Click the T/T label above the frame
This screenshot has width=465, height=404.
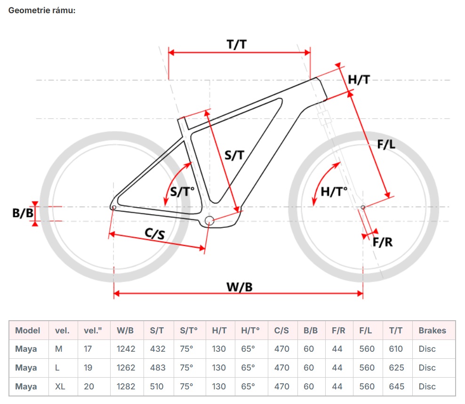[x=237, y=44]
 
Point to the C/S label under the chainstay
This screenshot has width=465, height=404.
[x=155, y=233]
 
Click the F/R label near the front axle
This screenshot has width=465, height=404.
[x=383, y=242]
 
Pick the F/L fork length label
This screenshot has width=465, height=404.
[x=386, y=145]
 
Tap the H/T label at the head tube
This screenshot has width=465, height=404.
[x=359, y=80]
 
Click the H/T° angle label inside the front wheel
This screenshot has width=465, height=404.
[x=334, y=191]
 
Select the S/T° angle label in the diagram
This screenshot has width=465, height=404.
[x=182, y=192]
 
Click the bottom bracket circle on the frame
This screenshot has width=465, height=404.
[x=209, y=220]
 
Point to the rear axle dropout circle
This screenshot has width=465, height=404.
[x=113, y=207]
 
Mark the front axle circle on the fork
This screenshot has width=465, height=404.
[x=362, y=207]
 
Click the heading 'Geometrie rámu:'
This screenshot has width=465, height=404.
[x=42, y=10]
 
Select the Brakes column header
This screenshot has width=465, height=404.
[x=432, y=330]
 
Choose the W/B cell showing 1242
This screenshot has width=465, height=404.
[x=126, y=349]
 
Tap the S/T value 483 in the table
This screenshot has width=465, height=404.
[x=158, y=368]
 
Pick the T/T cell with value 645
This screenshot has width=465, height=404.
[x=396, y=387]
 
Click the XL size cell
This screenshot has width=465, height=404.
[x=60, y=387]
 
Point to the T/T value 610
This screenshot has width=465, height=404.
[x=396, y=349]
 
